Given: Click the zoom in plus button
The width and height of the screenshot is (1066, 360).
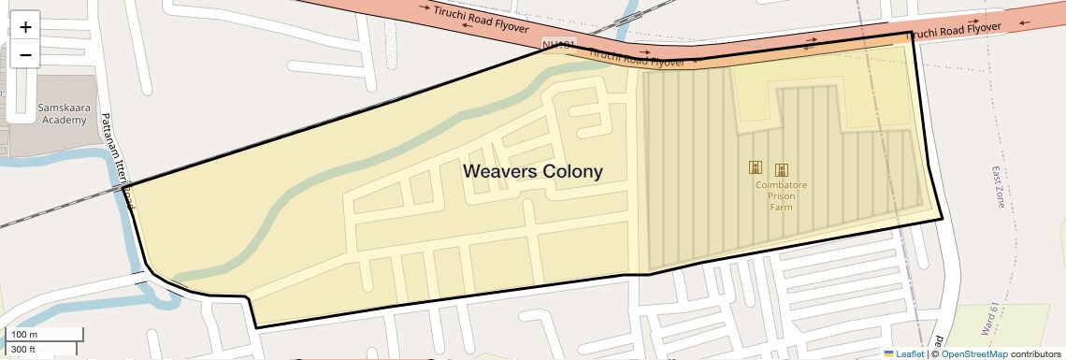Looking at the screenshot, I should point(25,27).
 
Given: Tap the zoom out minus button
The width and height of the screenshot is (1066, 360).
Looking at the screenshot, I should point(25,54).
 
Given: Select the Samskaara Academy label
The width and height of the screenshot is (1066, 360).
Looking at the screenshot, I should point(63,113).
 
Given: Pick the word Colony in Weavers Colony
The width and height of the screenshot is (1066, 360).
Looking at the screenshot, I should point(573,172).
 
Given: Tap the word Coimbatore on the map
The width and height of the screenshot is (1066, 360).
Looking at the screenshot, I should point(781,185).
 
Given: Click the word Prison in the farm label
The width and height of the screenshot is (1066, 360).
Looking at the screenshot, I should point(781,196).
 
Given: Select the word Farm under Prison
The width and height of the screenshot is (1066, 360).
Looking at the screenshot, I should point(781,207).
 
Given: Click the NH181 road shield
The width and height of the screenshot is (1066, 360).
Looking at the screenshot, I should point(558,44).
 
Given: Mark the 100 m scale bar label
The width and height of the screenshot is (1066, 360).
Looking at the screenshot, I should point(24,335).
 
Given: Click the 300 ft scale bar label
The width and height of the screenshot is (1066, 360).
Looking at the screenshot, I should point(23,350).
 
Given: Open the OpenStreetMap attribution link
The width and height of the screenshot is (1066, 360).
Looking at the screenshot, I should point(973,353).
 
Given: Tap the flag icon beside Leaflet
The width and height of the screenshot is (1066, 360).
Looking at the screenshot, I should point(889,353).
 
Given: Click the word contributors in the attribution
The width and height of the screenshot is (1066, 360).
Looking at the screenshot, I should point(1036,353).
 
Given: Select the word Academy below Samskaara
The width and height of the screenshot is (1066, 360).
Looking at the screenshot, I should point(63,120).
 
